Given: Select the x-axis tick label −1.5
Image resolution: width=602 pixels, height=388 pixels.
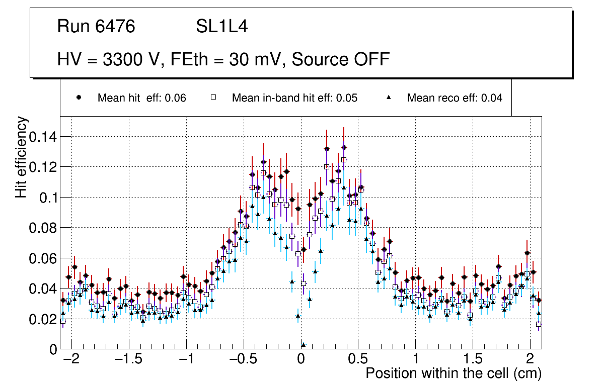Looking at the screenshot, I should tap(128, 360).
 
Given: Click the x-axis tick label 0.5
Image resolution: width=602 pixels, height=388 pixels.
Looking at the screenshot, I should tap(358, 360).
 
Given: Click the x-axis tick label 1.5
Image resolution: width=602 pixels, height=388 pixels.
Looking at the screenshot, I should tap(473, 360).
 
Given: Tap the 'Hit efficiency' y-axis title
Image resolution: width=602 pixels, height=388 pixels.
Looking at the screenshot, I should tap(21, 157).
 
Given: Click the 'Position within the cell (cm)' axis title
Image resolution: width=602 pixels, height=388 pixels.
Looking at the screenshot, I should tap(453, 374).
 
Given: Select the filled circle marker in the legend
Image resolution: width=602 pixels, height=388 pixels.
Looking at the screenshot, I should tap(79, 98).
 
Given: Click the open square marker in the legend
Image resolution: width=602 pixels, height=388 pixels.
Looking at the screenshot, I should tap(213, 98).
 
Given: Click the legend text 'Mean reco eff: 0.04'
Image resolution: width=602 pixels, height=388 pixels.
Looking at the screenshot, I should tap(455, 98).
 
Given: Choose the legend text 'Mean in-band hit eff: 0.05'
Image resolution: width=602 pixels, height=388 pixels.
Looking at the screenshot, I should tap(294, 98).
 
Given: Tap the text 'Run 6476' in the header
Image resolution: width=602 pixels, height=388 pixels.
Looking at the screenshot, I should tap(96, 27).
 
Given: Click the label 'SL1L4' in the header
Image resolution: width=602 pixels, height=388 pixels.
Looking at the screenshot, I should tap(222, 27).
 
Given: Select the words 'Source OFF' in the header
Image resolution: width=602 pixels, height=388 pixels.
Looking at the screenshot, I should tap(341, 59).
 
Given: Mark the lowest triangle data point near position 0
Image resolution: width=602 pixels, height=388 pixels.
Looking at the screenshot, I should tap(304, 345).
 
